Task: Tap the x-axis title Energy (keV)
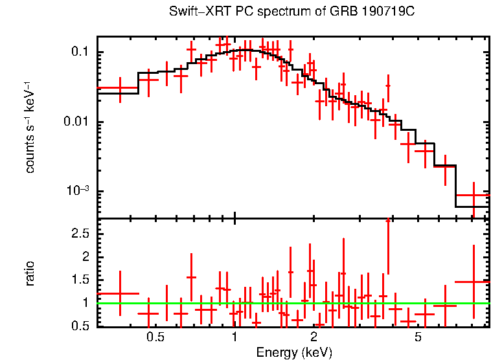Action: (294, 352)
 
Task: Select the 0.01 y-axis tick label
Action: (76, 122)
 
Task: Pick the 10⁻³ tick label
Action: (77, 191)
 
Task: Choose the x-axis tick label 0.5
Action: (154, 337)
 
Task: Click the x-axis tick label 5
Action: (418, 337)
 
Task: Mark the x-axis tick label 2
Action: (314, 337)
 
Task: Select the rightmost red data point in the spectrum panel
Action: (474, 195)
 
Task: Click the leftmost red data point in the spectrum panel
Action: (119, 87)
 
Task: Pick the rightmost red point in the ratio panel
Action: (474, 282)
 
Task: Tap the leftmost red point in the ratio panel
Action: (119, 293)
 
